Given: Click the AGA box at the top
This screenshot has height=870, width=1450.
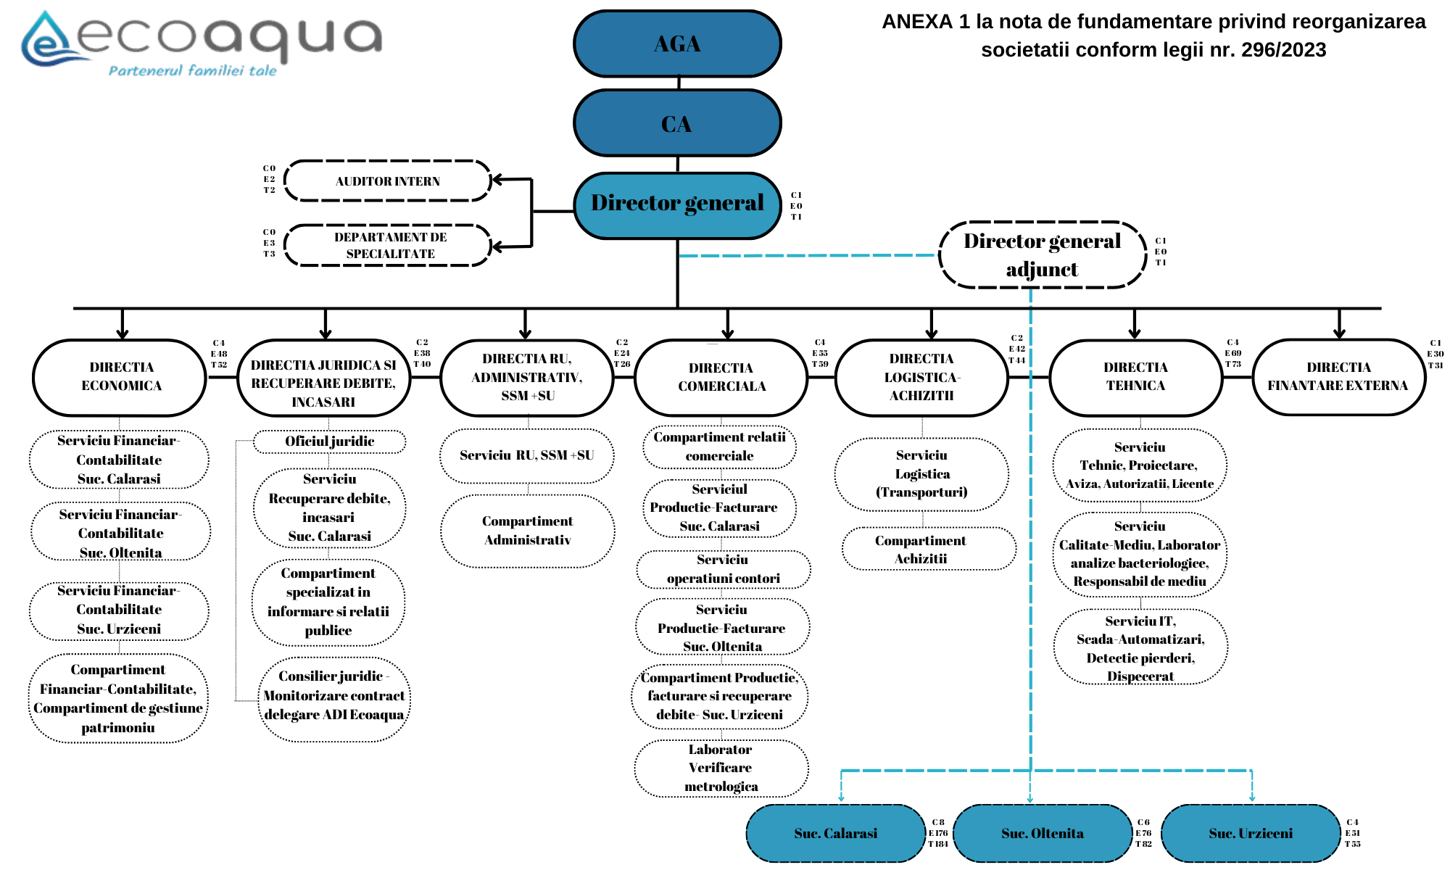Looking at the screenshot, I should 677,43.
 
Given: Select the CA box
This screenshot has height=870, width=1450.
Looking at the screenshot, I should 677,123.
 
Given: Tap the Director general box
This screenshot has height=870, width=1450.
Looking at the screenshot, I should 677,204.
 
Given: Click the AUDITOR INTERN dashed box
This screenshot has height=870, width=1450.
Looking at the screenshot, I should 388,181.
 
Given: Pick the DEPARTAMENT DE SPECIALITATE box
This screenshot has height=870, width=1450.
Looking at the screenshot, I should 389,246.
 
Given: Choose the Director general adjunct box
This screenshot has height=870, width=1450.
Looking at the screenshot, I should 1043,255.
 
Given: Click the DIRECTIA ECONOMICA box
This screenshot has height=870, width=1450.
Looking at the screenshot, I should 121,377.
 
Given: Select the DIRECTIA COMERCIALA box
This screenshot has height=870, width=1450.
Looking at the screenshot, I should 721,378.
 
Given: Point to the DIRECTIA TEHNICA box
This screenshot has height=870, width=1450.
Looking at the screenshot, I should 1135,377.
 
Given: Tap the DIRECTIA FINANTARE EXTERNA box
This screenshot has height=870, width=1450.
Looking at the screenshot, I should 1338,377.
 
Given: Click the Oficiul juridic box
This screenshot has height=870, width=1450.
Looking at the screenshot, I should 330,442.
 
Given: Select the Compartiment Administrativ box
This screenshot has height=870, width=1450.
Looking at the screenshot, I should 527,531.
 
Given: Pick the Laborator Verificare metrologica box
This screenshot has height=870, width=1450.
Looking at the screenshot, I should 721,768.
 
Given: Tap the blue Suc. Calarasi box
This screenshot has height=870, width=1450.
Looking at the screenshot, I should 835,833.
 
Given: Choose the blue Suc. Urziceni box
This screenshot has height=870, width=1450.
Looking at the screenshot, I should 1250,833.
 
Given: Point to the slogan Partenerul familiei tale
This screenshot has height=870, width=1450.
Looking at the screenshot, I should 192,71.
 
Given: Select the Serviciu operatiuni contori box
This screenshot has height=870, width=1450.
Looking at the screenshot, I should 723,569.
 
